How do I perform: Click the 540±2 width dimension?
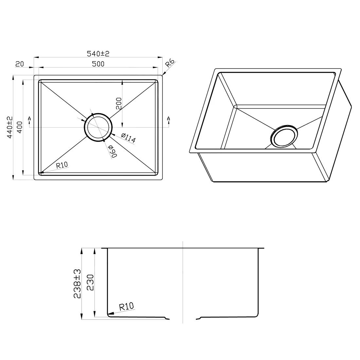click(x=98, y=53)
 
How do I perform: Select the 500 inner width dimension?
click(x=98, y=64)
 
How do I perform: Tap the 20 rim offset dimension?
click(x=20, y=64)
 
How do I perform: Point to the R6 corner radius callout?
click(x=170, y=63)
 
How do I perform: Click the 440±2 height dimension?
click(x=10, y=127)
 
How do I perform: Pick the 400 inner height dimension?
click(x=20, y=127)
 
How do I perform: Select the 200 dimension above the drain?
click(x=119, y=103)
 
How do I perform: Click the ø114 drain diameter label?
click(x=128, y=138)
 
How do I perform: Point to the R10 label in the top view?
click(x=62, y=165)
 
